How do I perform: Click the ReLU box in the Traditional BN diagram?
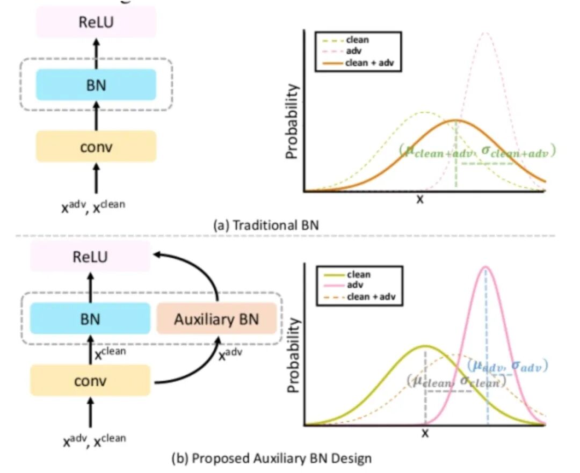click(x=96, y=22)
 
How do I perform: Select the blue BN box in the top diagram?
click(x=96, y=84)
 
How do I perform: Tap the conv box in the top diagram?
click(x=96, y=146)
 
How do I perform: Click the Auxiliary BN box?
click(x=216, y=319)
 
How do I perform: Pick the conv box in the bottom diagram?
click(x=90, y=381)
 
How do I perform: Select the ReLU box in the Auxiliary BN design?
click(x=90, y=256)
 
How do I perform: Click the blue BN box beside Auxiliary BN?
click(x=90, y=319)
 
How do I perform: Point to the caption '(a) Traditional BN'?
click(x=265, y=225)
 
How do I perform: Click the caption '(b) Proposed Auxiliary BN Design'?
click(x=271, y=459)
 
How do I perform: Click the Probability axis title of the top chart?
click(x=292, y=123)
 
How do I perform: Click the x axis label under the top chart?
click(x=421, y=199)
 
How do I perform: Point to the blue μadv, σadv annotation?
click(x=507, y=367)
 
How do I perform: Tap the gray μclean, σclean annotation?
click(x=457, y=382)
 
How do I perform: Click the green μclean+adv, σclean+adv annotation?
click(x=477, y=151)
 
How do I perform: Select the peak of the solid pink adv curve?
click(x=486, y=267)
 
